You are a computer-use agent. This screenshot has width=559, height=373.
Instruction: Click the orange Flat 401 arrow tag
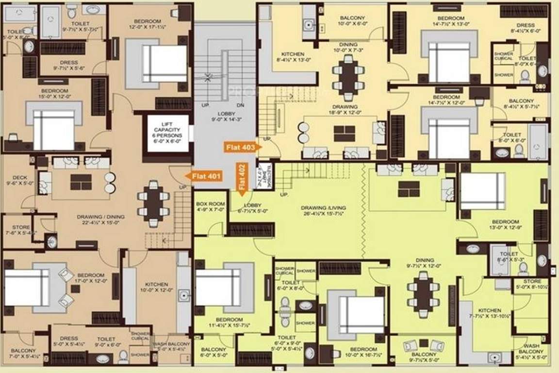tap(204, 176)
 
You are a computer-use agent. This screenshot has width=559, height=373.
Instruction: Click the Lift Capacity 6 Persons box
tap(165, 132)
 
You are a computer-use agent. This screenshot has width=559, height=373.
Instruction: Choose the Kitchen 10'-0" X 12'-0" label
tap(156, 287)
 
